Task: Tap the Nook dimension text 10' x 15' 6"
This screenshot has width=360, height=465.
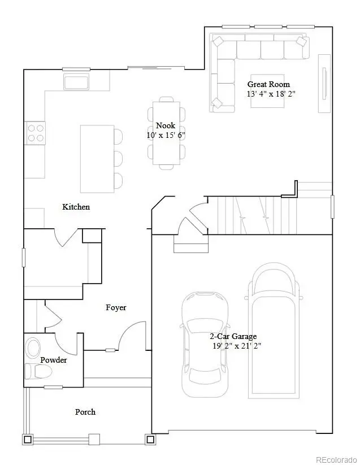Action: pos(166,136)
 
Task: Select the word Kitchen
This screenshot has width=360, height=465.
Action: pos(76,207)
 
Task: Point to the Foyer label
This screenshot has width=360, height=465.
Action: pos(116,307)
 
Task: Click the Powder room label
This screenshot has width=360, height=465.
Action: pos(54,360)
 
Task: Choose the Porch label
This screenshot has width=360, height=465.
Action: pos(85,412)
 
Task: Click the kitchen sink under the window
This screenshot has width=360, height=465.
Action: pos(76,82)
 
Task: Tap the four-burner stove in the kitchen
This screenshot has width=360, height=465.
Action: pos(34,133)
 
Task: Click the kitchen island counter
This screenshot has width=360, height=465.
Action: pos(97,159)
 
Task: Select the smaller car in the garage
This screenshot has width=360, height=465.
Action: pos(205,337)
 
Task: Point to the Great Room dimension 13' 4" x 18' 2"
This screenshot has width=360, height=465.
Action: pos(271,94)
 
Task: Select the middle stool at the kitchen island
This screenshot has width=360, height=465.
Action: pos(118,158)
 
